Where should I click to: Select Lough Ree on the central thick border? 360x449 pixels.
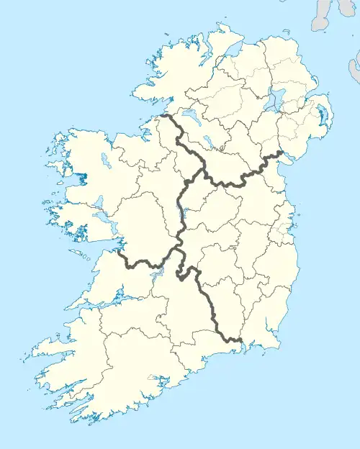181,211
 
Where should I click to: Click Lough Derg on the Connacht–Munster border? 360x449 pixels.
160,273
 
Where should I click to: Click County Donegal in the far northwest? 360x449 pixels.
180,68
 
